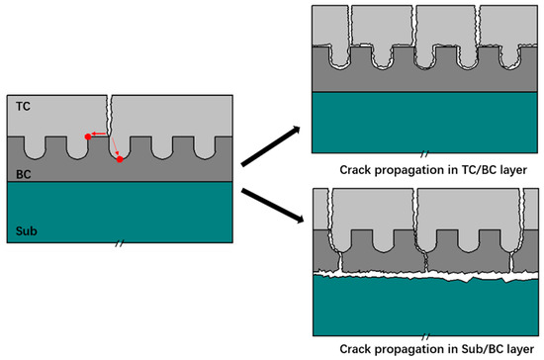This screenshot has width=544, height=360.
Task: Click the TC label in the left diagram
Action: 22,103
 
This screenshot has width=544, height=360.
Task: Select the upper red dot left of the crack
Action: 89,137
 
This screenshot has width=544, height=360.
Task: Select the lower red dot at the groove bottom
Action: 120,158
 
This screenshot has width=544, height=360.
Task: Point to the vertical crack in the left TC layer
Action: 110,115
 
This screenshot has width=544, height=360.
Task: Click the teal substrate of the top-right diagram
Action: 425,123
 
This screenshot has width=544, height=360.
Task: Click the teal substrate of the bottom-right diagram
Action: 425,307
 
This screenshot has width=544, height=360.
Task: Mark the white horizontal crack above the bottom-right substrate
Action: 425,268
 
